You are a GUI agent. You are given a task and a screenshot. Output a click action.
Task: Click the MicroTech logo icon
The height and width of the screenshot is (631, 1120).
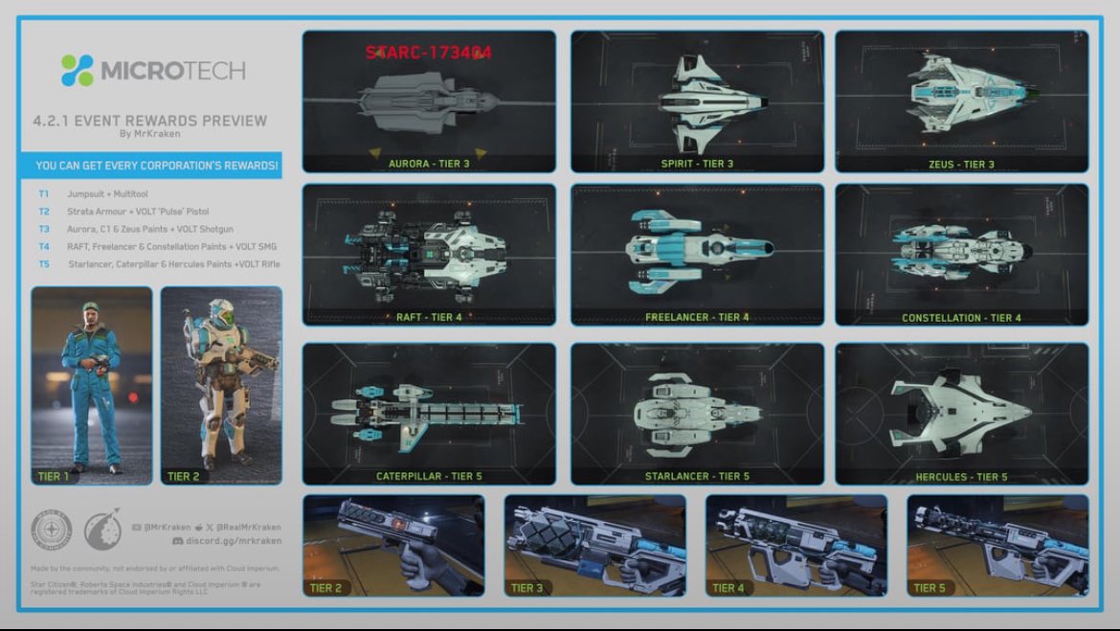78,70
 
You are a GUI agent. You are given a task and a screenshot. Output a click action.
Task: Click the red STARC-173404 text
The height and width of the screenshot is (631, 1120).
428,53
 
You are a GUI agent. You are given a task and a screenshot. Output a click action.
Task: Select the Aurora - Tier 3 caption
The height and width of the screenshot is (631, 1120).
429,164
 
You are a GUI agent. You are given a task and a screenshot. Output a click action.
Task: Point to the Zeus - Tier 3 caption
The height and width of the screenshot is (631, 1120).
961,164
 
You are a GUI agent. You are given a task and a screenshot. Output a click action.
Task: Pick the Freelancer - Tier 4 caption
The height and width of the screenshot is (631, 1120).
697,317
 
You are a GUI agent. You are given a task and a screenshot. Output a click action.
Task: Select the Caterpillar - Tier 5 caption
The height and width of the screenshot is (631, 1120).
428,476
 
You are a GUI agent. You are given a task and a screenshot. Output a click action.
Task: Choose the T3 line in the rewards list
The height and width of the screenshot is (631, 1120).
149,229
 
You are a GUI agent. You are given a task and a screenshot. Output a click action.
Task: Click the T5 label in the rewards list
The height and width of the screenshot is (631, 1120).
44,264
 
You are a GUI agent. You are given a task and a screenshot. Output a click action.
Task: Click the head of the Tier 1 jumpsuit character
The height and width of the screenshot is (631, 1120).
90,313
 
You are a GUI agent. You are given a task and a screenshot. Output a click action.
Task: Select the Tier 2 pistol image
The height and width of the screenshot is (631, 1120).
392,542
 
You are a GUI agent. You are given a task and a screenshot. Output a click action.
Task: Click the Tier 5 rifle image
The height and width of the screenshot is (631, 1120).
996,542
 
